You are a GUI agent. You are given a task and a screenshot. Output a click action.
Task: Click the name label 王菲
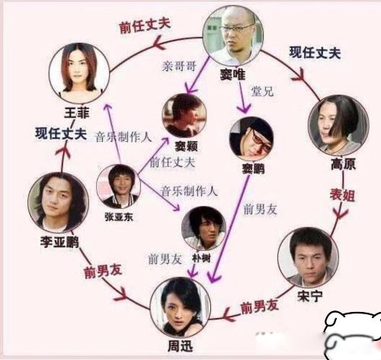77,113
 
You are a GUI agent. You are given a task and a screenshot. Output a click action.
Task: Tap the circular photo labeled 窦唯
232,36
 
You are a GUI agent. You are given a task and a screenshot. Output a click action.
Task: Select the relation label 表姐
342,195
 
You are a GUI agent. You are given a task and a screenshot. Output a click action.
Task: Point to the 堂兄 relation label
262,91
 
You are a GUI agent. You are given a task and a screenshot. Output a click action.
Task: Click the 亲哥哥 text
179,66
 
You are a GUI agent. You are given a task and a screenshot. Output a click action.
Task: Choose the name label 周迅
181,346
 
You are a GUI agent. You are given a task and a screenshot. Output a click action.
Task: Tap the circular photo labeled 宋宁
308,258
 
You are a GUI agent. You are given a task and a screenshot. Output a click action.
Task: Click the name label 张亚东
119,217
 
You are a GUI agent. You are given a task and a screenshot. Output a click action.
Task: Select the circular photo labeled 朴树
203,228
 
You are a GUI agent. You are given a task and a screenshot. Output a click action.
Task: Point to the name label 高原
343,164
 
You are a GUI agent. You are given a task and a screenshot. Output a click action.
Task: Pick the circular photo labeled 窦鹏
251,139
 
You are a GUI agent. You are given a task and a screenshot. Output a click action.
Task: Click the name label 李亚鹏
59,242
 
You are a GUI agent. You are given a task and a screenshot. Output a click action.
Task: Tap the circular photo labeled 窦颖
184,116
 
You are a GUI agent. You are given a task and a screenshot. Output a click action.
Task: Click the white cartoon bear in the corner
353,335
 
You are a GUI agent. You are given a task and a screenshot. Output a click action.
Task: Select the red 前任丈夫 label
145,26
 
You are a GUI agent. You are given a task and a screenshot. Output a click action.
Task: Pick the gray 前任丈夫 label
172,162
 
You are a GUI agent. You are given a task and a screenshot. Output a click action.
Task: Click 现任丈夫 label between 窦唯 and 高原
315,53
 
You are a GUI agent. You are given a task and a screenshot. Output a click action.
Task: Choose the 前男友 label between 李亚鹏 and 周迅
103,272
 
